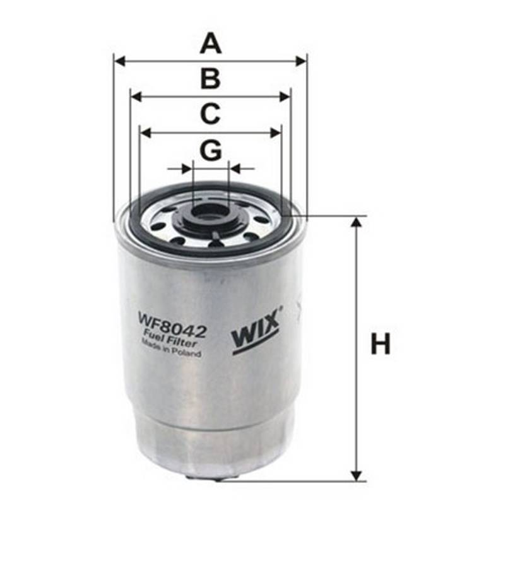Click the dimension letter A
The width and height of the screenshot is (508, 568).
click(x=211, y=44)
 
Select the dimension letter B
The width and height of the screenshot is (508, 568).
click(x=210, y=79)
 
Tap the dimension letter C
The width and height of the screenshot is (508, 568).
click(x=210, y=114)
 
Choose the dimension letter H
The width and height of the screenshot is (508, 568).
click(x=381, y=344)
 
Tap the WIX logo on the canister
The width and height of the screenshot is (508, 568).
click(x=256, y=331)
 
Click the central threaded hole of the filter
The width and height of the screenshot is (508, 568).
click(x=210, y=212)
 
